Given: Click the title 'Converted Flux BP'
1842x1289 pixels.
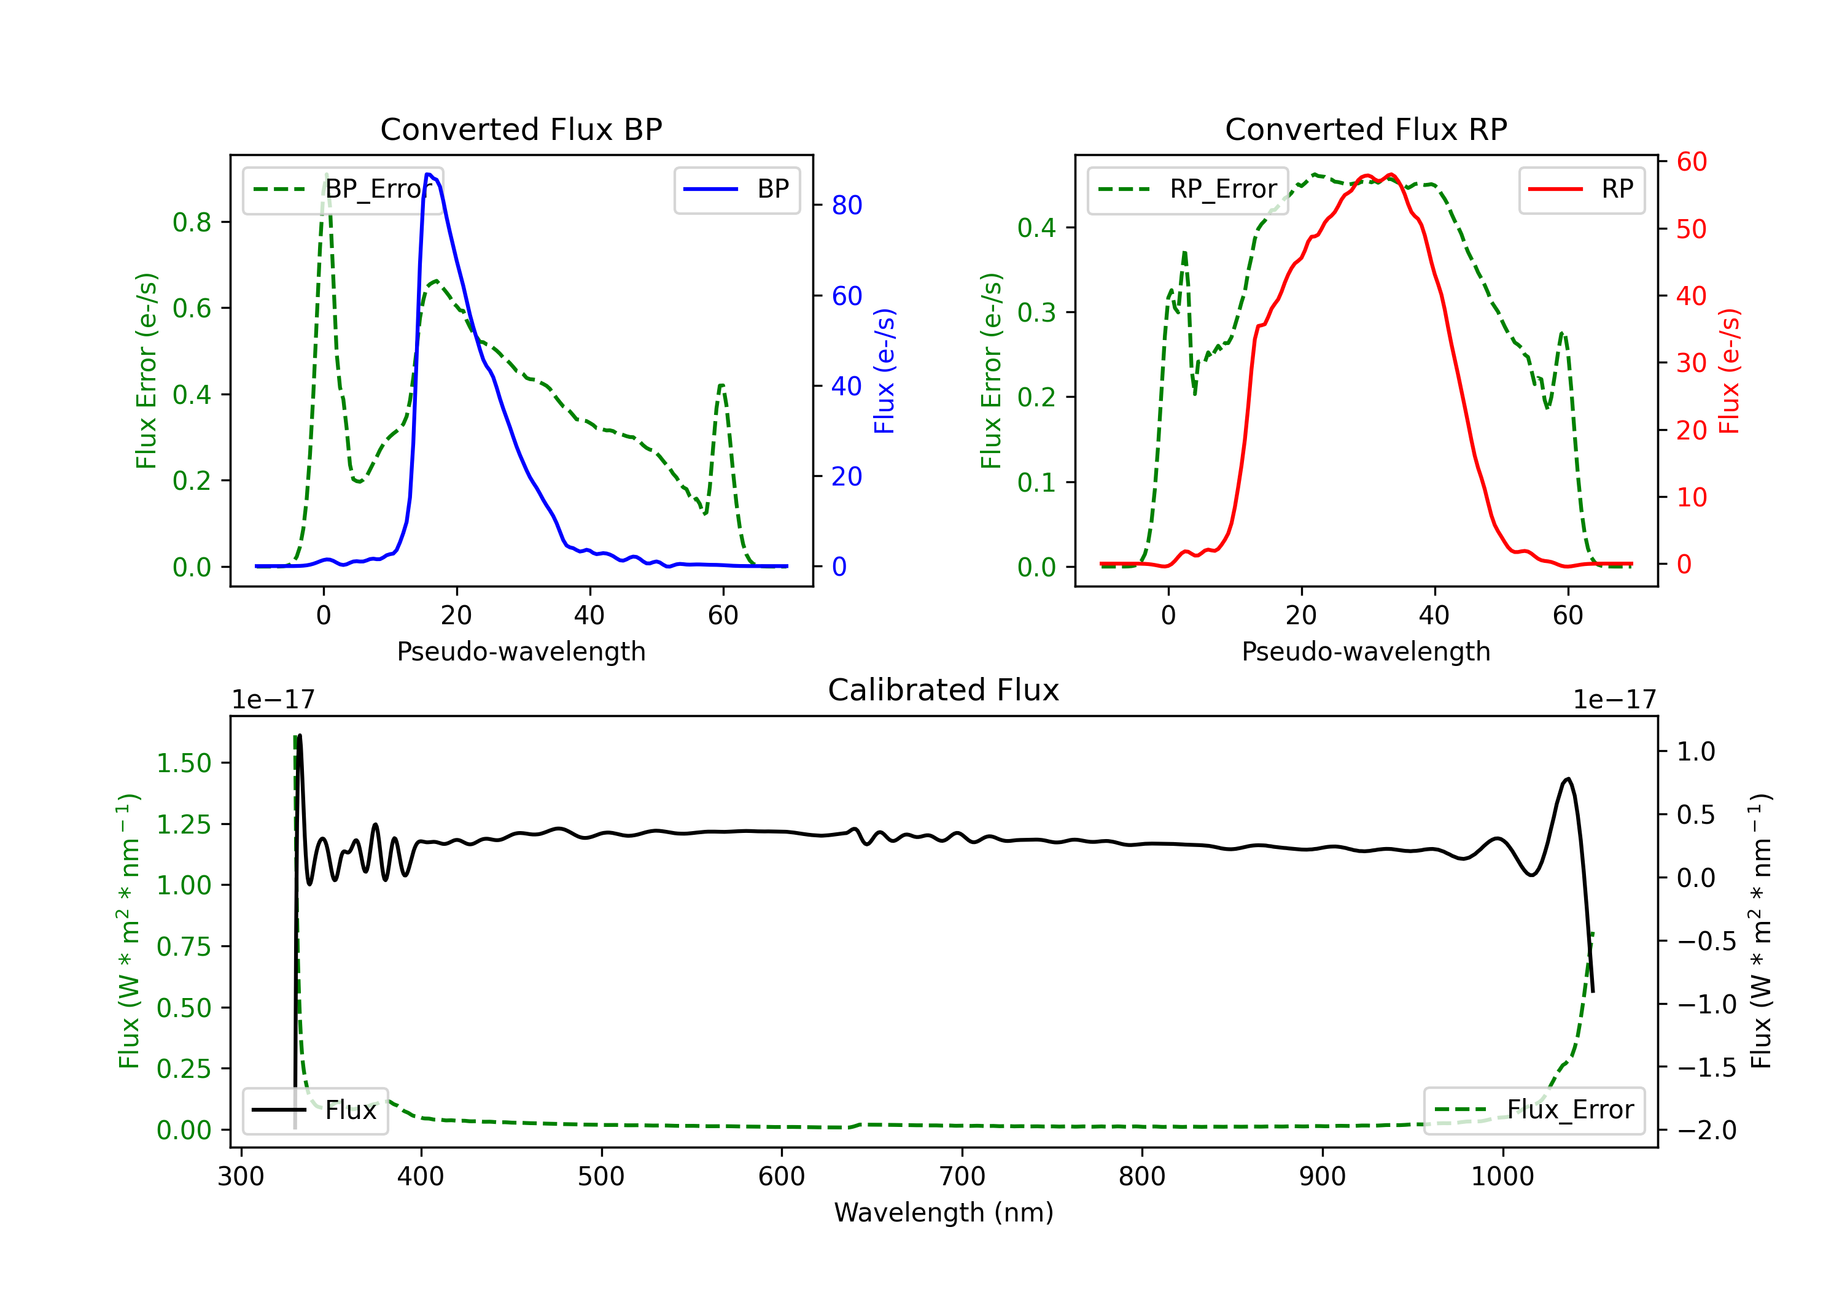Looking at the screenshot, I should pyautogui.click(x=521, y=129).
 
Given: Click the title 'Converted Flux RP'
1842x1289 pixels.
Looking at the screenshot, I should pyautogui.click(x=1366, y=129).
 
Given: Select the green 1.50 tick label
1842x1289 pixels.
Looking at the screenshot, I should pyautogui.click(x=184, y=763).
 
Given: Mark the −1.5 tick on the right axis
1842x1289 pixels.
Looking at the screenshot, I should pyautogui.click(x=1706, y=1067).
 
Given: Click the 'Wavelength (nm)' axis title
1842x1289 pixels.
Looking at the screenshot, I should pyautogui.click(x=944, y=1212).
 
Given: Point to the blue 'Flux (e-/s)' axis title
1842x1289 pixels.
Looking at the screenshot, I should pyautogui.click(x=884, y=371).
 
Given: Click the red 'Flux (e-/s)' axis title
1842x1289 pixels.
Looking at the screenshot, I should pyautogui.click(x=1729, y=371).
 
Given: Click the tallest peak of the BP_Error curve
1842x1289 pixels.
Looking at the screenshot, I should pyautogui.click(x=325, y=174).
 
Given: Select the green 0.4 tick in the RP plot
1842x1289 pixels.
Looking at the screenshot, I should pyautogui.click(x=1036, y=228).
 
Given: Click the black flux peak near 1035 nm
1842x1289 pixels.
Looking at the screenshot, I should pyautogui.click(x=1568, y=778).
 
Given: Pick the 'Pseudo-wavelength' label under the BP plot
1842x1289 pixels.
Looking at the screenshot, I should pyautogui.click(x=521, y=651).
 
